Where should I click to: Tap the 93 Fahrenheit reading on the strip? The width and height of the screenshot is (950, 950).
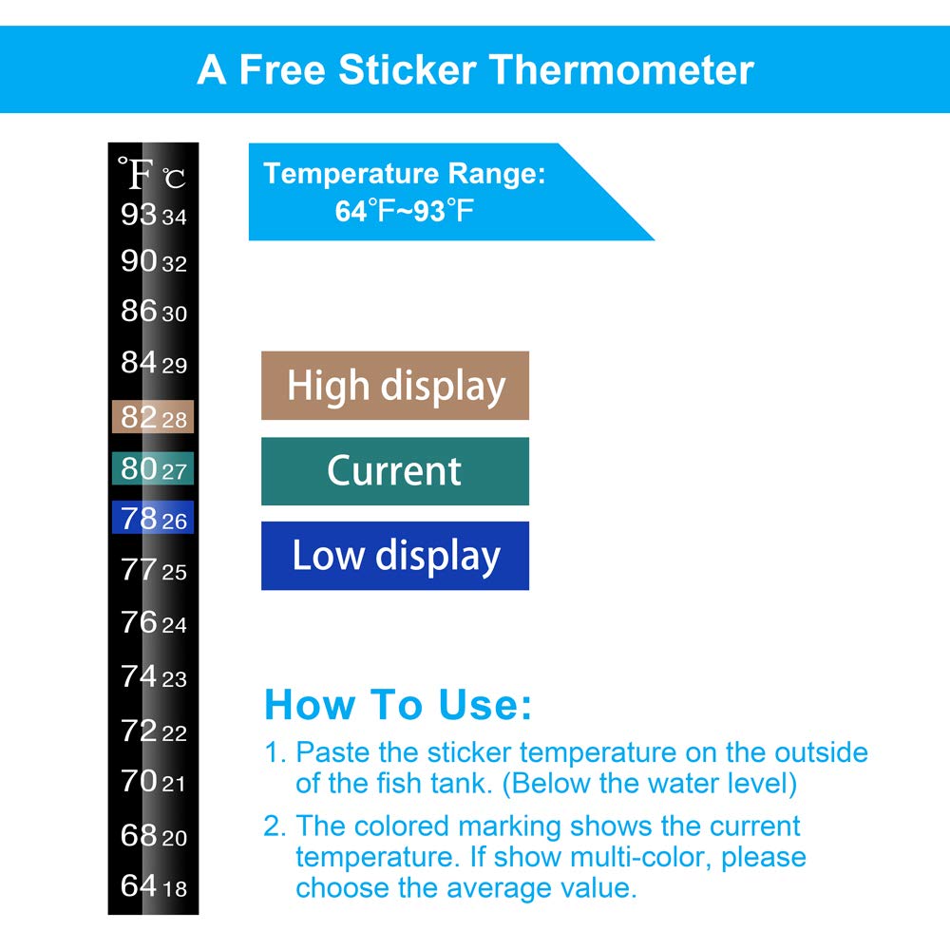point(139,215)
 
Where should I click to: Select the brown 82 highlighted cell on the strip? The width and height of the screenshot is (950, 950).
point(153,417)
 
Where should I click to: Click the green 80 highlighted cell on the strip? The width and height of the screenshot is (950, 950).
point(153,468)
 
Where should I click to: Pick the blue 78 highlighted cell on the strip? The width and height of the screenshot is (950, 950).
point(153,519)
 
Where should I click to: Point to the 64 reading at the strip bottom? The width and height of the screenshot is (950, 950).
point(139,886)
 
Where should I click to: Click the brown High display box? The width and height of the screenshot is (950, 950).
point(395,386)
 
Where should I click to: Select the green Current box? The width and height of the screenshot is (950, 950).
point(395,471)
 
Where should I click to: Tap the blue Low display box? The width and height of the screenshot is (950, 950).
point(395,556)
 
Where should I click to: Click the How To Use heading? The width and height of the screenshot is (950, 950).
point(398,705)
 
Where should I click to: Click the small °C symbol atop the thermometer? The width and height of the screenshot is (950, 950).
point(174,179)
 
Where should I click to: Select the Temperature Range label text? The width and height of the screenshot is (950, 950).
point(405,174)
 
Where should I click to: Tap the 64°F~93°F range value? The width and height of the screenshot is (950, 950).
point(404,210)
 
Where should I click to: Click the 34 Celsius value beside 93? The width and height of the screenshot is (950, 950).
point(174,218)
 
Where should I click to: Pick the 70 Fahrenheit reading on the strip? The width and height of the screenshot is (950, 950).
point(139,782)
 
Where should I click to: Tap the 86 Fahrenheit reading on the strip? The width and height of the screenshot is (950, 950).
point(139,311)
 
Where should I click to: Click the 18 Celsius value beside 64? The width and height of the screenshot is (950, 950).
point(175,889)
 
